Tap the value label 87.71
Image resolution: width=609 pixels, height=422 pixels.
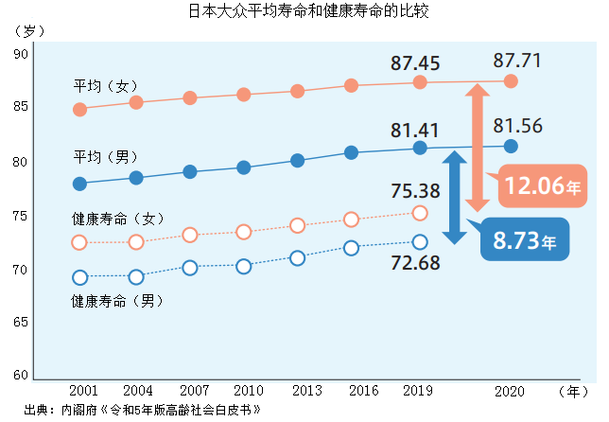click(x=517, y=61)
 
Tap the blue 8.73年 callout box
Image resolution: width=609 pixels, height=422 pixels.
click(x=524, y=240)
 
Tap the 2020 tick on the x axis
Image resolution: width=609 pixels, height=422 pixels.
click(x=511, y=390)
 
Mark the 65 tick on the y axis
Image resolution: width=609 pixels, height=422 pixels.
click(x=22, y=323)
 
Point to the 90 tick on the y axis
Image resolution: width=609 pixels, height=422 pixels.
click(x=22, y=55)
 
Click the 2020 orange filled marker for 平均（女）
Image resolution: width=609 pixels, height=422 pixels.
click(x=511, y=81)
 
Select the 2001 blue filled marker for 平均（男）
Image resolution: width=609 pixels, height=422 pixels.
click(x=80, y=184)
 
